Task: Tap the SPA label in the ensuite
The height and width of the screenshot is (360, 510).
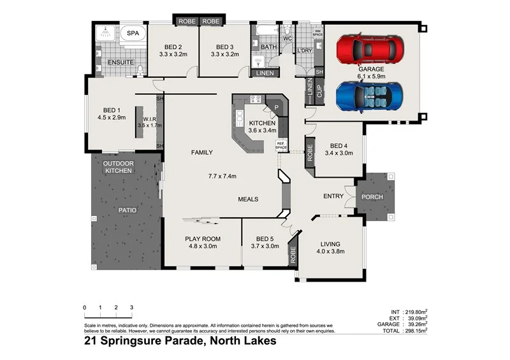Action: (x=133, y=32)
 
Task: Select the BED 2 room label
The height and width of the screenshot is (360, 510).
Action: (x=173, y=47)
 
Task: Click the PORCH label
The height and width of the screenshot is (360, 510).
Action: (x=372, y=197)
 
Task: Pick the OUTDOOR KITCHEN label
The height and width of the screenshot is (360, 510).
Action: (x=118, y=167)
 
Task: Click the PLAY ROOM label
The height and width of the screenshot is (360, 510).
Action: (x=203, y=239)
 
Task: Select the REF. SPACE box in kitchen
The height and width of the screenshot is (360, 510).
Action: (x=281, y=145)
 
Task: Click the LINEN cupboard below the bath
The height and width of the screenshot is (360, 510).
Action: (x=265, y=73)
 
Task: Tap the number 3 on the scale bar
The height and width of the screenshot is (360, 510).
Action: (x=131, y=308)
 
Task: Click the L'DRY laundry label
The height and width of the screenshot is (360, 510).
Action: (x=303, y=50)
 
